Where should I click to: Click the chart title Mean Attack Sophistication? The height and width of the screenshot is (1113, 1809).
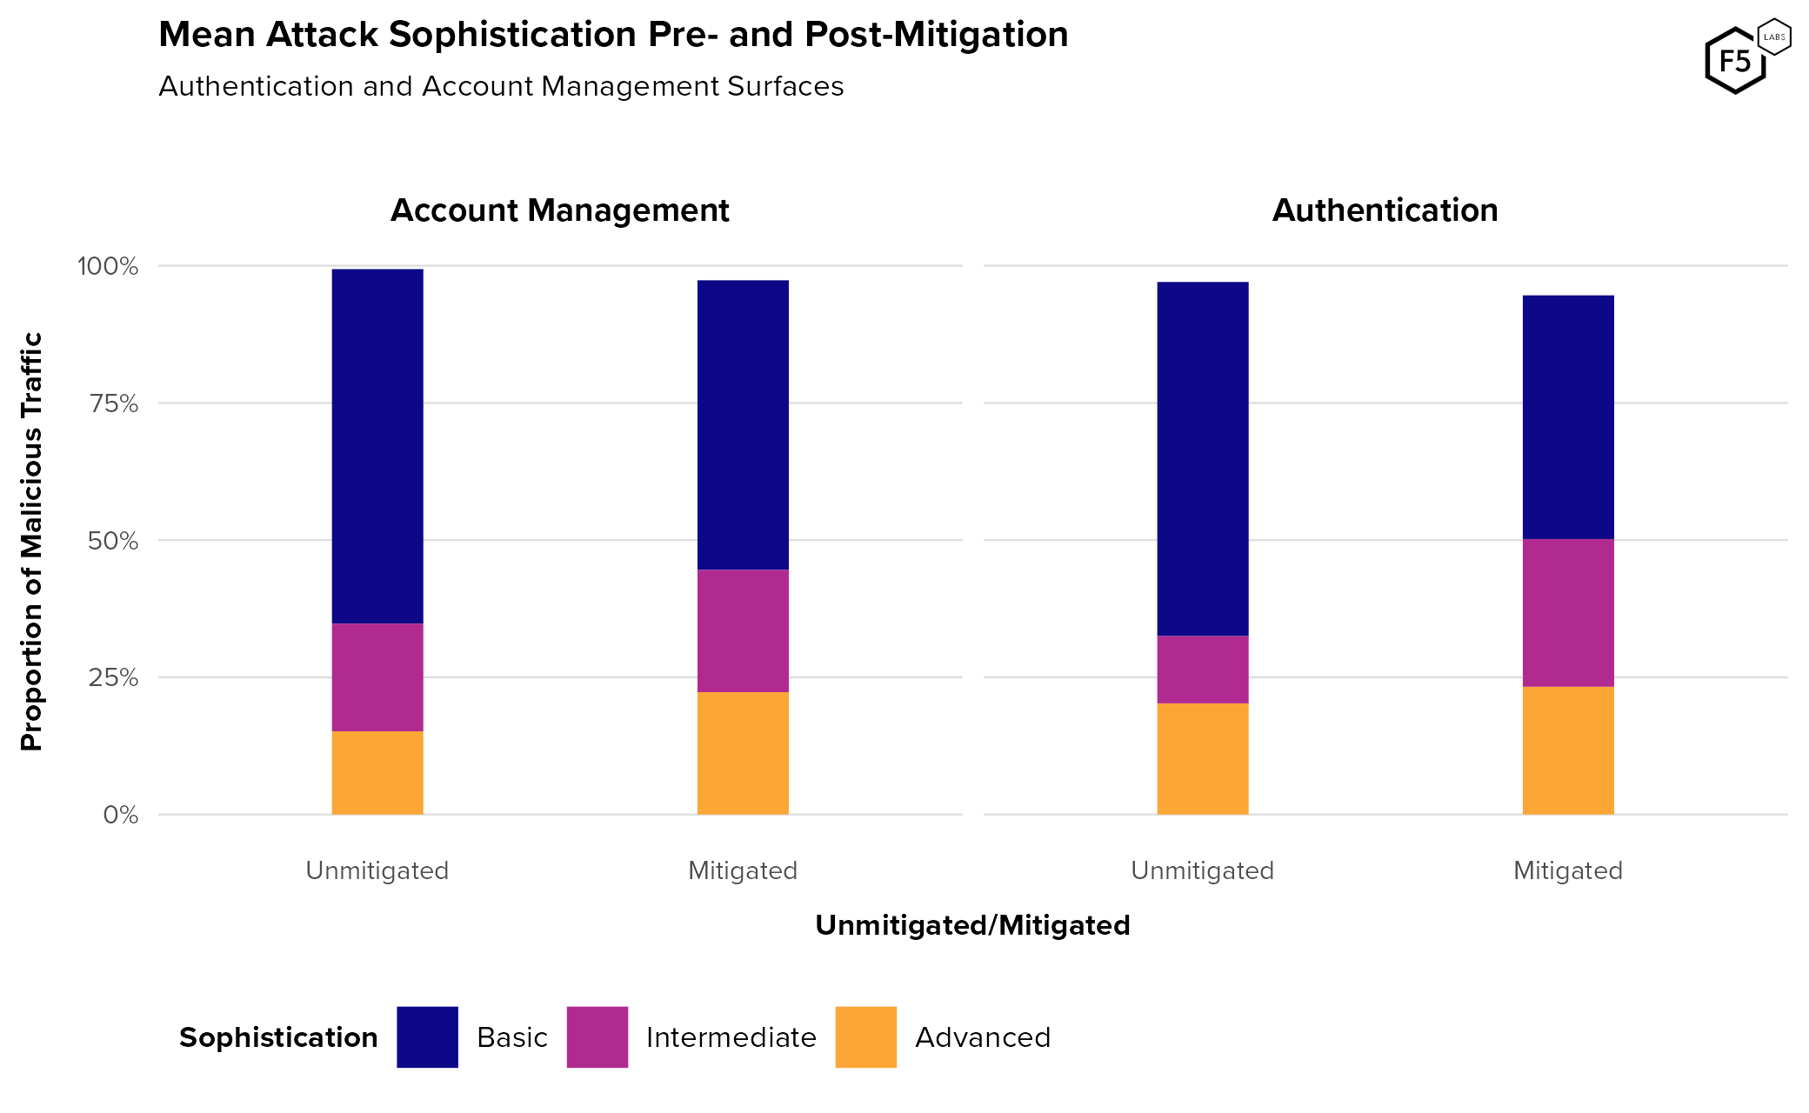tap(612, 35)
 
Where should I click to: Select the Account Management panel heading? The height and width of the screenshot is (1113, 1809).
tap(559, 210)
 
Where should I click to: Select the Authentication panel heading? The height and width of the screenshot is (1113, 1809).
tap(1385, 210)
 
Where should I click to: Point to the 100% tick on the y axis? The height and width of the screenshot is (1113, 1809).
tap(108, 266)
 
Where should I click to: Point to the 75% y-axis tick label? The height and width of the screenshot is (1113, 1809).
tap(113, 403)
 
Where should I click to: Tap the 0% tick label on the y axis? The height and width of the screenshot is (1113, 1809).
tap(121, 816)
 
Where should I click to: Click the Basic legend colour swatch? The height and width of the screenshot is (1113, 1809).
tap(427, 1036)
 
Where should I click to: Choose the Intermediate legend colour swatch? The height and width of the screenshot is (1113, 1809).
tap(597, 1036)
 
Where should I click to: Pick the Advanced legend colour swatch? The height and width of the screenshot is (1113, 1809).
tap(865, 1036)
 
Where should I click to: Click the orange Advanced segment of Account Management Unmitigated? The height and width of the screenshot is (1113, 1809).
tap(377, 773)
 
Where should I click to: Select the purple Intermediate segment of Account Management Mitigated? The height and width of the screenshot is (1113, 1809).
tap(743, 631)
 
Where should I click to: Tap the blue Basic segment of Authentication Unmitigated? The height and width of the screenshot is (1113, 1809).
tap(1202, 458)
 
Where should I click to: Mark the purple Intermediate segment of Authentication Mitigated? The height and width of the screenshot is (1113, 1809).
tap(1567, 613)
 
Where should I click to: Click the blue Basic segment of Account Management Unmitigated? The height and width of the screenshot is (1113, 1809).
tap(377, 446)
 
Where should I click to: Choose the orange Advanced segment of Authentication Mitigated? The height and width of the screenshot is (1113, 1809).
tap(1567, 750)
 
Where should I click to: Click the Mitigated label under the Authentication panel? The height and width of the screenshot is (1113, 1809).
tap(1567, 870)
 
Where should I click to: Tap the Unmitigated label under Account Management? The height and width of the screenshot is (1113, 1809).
tap(377, 870)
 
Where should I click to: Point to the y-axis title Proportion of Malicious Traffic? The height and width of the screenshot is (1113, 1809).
tap(32, 541)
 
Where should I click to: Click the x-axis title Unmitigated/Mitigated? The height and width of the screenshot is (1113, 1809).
tap(972, 925)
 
